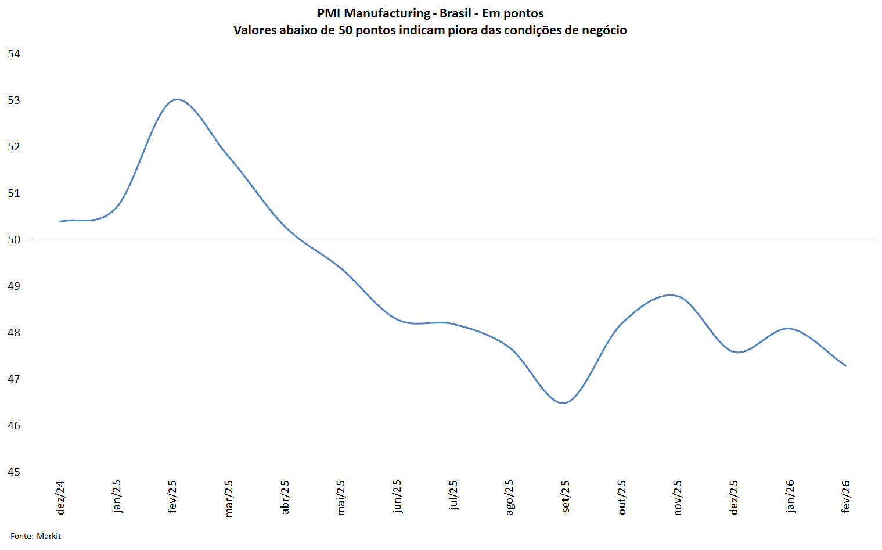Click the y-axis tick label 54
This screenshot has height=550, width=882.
pos(14,54)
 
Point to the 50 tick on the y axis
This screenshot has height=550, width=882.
pos(14,240)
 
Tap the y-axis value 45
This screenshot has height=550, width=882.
pos(14,472)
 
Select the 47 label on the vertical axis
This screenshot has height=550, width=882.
pos(14,379)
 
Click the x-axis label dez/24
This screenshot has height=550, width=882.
pos(60,497)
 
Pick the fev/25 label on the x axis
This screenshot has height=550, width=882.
pos(172,497)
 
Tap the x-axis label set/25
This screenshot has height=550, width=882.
pos(566,496)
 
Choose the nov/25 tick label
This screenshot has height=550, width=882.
pos(678,497)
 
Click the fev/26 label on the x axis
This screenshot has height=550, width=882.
pos(846,497)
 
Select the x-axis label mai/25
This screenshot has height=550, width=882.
pos(341,497)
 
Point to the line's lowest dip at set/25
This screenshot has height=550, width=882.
pos(563,403)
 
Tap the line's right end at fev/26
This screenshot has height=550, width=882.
pos(845,366)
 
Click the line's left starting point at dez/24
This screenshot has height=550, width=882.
pos(60,221)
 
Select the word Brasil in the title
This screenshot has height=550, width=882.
pos(456,13)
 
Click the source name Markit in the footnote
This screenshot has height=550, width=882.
pos(49,536)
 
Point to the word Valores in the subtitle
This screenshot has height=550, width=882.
pos(255,30)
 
